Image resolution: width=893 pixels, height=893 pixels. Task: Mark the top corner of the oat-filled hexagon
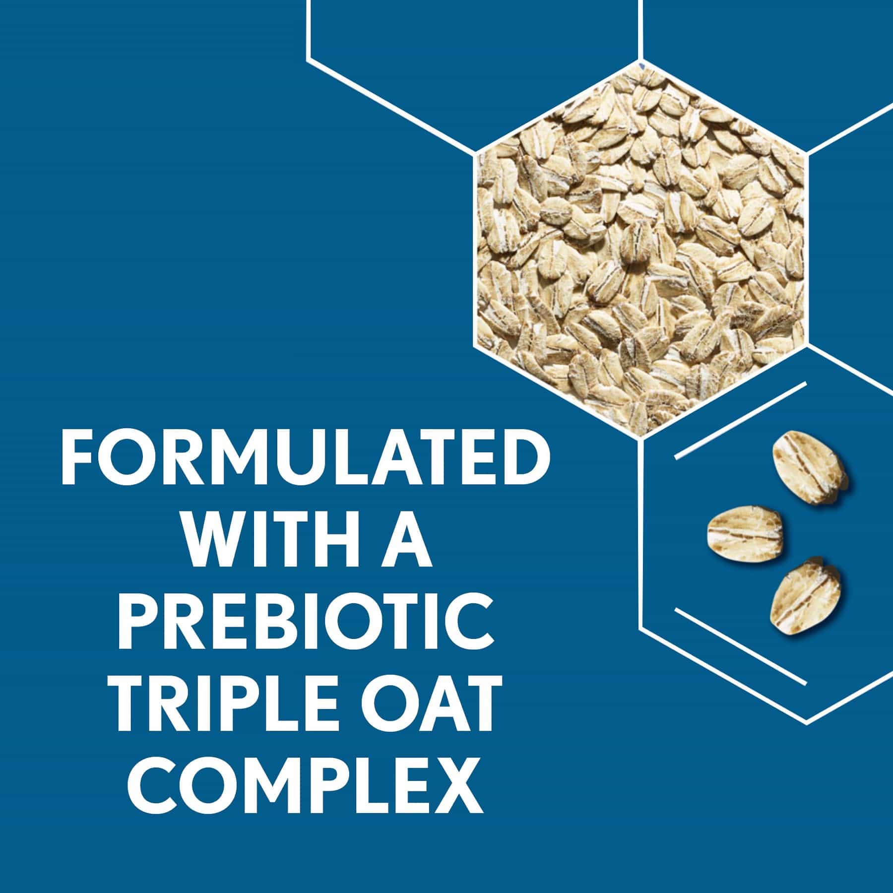(x=639, y=63)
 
